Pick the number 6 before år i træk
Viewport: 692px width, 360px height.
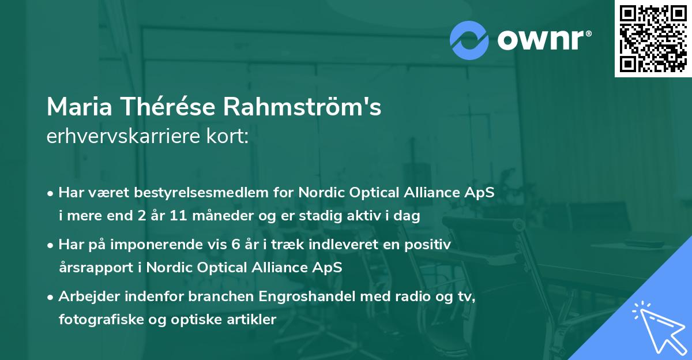(235, 245)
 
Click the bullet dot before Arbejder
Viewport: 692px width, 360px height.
(51, 297)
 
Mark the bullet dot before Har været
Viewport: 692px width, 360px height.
(51, 193)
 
